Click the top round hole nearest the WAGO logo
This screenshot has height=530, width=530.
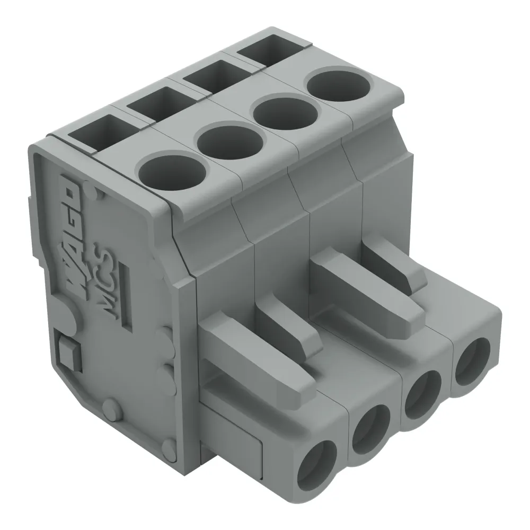click(x=171, y=172)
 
